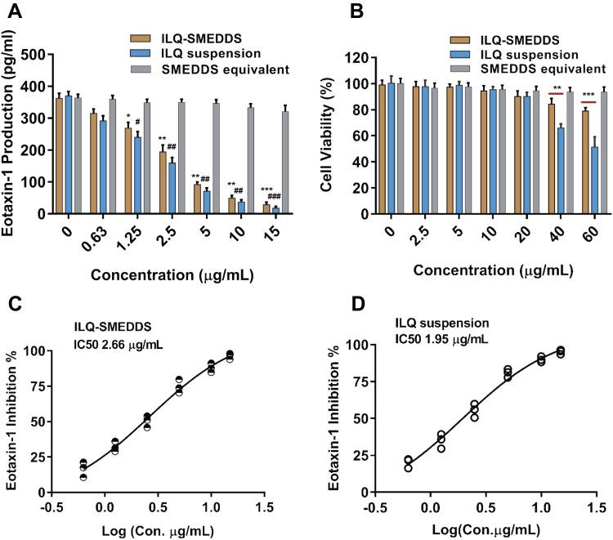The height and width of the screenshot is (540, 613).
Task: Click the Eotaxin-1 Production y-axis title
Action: click(x=11, y=134)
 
